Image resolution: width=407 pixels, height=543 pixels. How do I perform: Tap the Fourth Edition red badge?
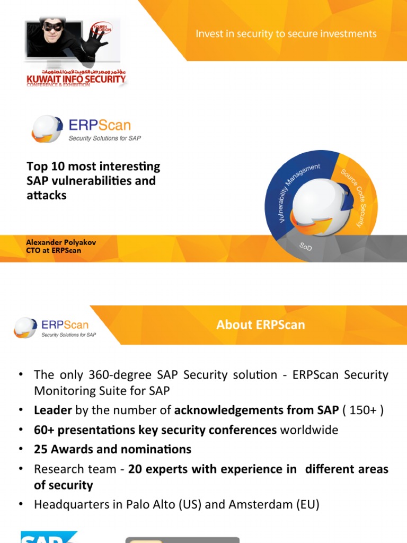point(101,26)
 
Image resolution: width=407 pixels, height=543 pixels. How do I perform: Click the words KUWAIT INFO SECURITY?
point(76,80)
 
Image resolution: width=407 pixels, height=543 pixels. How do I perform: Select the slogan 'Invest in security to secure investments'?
point(286,34)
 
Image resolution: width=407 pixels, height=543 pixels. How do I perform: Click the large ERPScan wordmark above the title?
point(100,125)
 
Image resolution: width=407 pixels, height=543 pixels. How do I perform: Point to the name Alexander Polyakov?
point(61,242)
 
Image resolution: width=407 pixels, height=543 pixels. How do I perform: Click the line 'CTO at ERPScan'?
point(54,250)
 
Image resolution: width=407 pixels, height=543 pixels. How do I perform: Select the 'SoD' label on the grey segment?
point(306,247)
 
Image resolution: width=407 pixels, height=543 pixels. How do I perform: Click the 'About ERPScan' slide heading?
point(261,325)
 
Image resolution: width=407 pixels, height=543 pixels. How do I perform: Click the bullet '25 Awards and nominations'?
point(112,449)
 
